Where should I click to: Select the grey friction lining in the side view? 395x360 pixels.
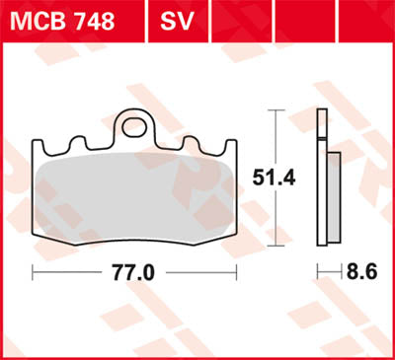(x=333, y=197)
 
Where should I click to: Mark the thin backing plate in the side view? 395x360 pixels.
(x=320, y=178)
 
